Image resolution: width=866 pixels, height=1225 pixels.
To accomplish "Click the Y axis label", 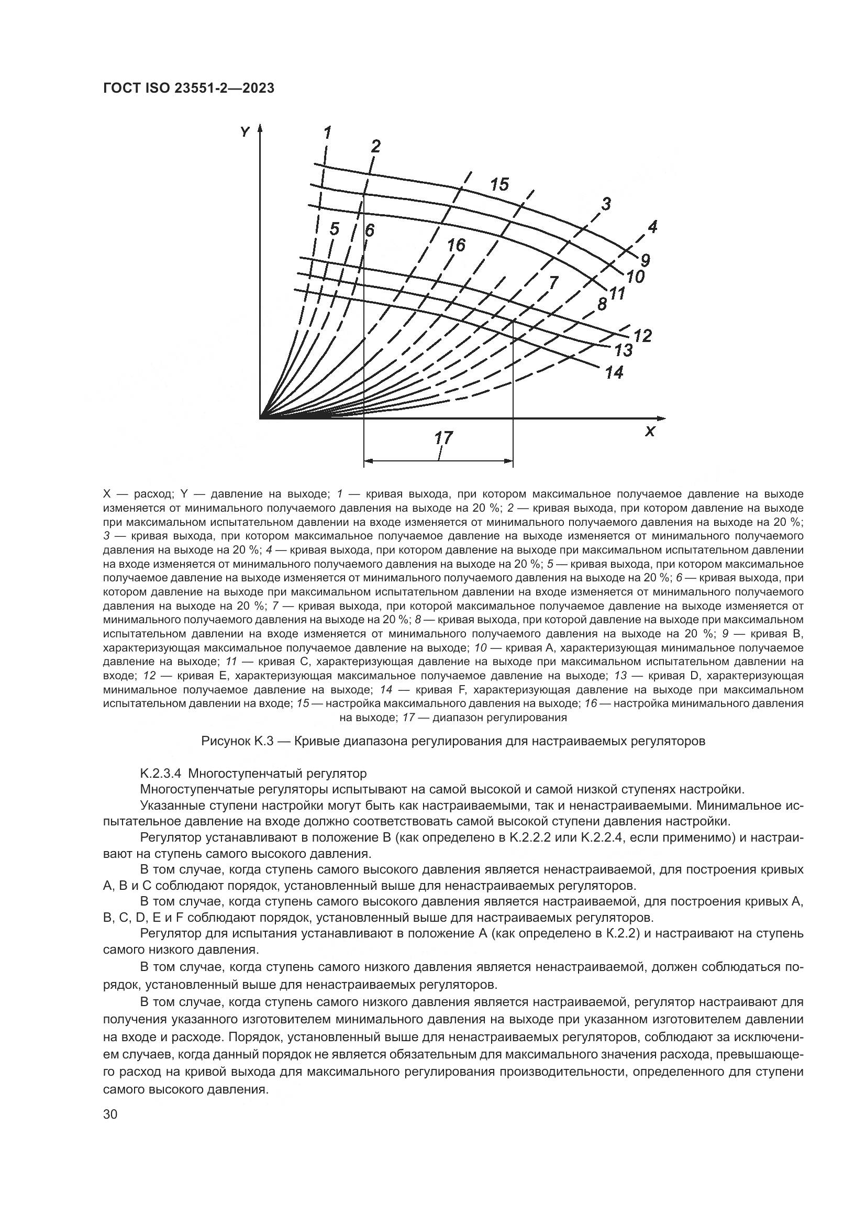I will pos(245,132).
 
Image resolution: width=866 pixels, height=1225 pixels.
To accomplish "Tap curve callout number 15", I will pos(499,184).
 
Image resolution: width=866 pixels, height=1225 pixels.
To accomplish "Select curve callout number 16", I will pos(456,245).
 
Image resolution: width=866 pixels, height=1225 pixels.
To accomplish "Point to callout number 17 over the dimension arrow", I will pos(443,438).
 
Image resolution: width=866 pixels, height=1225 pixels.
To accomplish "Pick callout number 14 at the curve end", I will pos(614,372).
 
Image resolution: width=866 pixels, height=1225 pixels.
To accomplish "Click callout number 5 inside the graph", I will pos(335,229).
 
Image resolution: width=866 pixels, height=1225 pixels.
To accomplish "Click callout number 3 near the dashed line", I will pos(606,203).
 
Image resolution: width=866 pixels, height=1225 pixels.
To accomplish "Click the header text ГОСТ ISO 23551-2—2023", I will pos(189,88).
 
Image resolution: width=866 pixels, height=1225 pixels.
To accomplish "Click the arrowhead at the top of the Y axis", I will pos(260,129).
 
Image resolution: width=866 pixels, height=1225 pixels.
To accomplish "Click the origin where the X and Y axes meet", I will pos(260,418).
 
